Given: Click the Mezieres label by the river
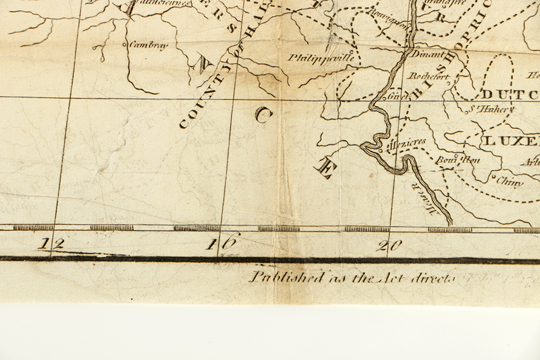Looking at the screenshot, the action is point(407,142).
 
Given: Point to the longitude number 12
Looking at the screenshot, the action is point(53,243).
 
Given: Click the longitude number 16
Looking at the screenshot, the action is point(222,243).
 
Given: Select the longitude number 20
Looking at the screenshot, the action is point(389,246).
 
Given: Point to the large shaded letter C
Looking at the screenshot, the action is point(262,114).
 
